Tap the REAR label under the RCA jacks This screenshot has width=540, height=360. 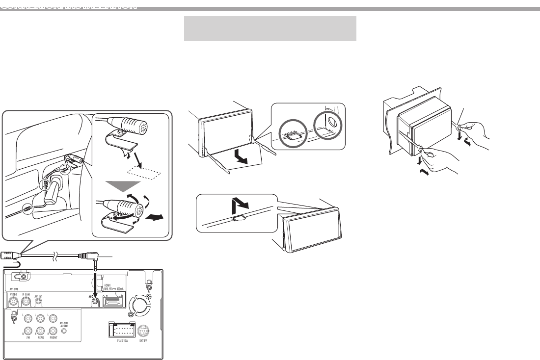pos(41,344)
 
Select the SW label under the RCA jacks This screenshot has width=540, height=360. pos(28,344)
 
